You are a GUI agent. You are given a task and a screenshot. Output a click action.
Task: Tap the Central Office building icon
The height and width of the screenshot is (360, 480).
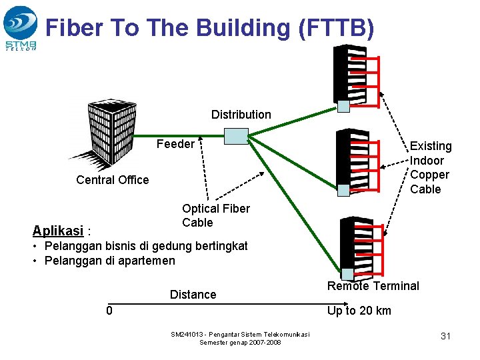coord(103,133)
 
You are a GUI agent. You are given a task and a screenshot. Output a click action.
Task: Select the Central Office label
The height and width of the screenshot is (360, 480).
coord(113,180)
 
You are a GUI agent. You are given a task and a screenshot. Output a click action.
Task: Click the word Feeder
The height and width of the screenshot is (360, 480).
coord(175,144)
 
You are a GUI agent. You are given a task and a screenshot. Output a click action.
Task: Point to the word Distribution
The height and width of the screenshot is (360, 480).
coord(241,115)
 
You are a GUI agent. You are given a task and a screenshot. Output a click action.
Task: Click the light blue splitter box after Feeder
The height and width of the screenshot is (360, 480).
coord(236,136)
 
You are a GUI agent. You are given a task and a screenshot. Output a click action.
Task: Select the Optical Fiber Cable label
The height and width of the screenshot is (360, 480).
coord(215,215)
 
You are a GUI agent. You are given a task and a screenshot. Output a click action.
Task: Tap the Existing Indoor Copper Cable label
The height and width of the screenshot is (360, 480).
coord(430,167)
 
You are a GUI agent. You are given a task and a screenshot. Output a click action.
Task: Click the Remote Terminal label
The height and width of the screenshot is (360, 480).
coord(373,286)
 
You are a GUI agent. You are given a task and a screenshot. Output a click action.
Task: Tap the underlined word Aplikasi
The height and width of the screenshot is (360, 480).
coord(57,231)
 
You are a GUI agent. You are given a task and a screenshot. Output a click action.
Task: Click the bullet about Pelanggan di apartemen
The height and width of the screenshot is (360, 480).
coord(109,261)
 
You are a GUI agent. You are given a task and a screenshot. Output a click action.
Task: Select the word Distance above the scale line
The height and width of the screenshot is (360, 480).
coord(193,295)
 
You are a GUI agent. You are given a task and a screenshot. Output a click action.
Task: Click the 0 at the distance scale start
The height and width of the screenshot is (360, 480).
coord(109,311)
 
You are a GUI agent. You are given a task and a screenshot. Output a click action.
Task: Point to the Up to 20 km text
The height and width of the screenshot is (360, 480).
coord(359,311)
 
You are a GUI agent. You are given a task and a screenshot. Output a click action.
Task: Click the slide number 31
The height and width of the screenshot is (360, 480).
coord(445,336)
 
